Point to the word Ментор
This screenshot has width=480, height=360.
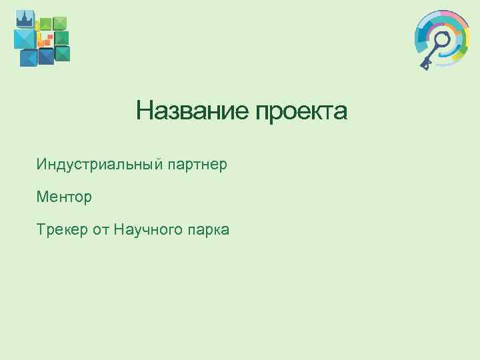click(x=65, y=197)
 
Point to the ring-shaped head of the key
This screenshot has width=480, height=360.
click(x=440, y=39)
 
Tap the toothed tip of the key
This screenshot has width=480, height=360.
click(x=425, y=63)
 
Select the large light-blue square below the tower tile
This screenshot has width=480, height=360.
click(x=25, y=39)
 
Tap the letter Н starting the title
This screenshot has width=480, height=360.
click(x=143, y=111)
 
